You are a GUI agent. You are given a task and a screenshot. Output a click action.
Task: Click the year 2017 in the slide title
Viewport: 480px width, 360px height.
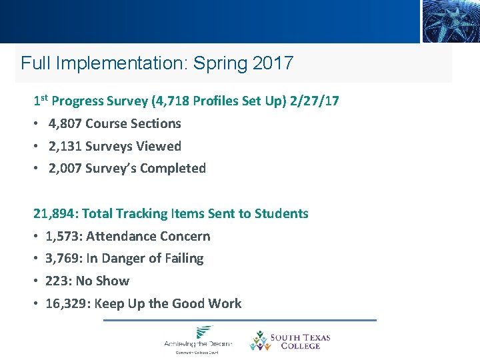coord(273,63)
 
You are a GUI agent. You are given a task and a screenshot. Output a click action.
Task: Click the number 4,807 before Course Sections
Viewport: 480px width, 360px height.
coord(65,124)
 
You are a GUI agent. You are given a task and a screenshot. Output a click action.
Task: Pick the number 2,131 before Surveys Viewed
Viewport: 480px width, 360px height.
coord(65,146)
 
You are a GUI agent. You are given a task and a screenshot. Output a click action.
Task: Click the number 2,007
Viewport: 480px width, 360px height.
coord(65,169)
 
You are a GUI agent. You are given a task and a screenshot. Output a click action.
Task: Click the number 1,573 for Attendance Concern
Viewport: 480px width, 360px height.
coord(62,237)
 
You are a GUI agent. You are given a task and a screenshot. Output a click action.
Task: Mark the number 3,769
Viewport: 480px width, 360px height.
coord(62,259)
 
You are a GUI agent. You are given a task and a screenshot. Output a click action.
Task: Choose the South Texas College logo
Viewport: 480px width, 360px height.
coord(289,341)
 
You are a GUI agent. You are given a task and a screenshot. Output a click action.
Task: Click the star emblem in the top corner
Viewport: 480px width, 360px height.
coord(450,21)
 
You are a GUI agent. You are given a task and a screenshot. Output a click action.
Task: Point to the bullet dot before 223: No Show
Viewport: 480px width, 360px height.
coord(36,281)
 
